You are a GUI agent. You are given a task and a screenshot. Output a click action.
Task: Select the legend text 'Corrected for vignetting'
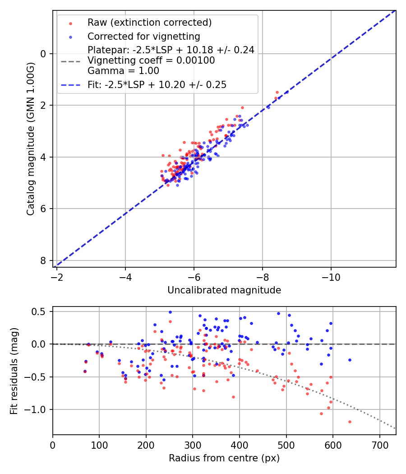click(x=144, y=36)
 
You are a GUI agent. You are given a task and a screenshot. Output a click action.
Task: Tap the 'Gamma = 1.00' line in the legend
click(x=123, y=71)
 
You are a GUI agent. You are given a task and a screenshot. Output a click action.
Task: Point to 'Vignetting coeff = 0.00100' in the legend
click(x=151, y=60)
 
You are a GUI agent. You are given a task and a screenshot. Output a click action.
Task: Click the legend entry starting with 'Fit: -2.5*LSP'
click(x=157, y=84)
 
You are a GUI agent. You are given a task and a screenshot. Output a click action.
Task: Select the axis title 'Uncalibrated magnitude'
click(x=224, y=290)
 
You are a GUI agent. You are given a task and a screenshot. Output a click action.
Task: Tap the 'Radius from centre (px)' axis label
click(x=224, y=458)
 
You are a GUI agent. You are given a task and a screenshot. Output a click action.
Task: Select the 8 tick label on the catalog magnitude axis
click(x=43, y=260)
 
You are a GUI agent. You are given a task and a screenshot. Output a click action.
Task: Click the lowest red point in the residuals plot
click(x=350, y=422)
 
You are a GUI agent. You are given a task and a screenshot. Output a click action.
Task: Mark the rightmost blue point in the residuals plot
click(x=350, y=360)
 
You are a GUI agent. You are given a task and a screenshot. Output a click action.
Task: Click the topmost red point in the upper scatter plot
click(x=277, y=92)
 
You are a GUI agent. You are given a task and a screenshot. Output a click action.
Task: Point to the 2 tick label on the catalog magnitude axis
click(x=43, y=105)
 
